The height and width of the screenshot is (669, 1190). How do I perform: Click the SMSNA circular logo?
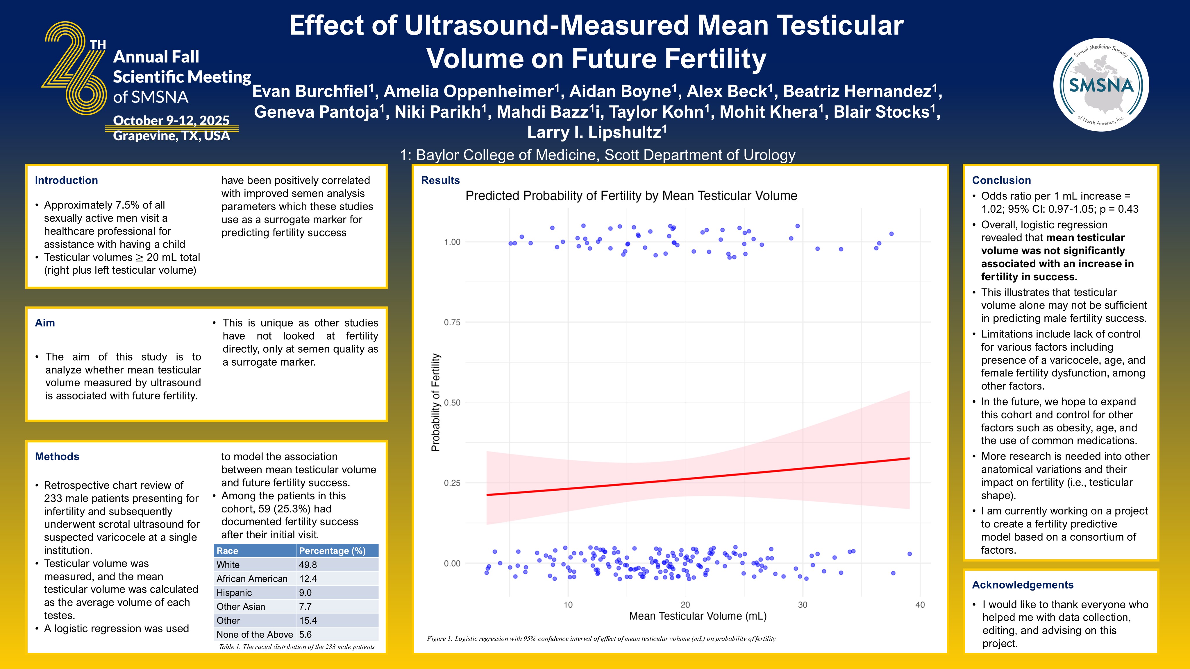(x=1102, y=85)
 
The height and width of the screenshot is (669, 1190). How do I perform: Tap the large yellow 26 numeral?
(x=75, y=68)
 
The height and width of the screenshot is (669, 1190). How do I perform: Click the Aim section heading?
(x=45, y=323)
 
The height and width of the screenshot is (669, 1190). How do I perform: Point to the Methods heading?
(x=57, y=457)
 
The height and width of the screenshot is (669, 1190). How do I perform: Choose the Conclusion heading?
(x=1001, y=180)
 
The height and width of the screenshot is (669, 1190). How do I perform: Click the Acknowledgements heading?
(x=1022, y=585)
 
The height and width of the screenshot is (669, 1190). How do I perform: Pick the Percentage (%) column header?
(x=332, y=551)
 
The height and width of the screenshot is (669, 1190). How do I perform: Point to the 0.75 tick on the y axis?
(x=452, y=322)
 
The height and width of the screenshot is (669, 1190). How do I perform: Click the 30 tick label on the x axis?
(x=803, y=605)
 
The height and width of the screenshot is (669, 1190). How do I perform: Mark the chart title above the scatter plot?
(x=631, y=196)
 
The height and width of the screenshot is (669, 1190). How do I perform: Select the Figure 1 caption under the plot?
(x=601, y=638)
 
